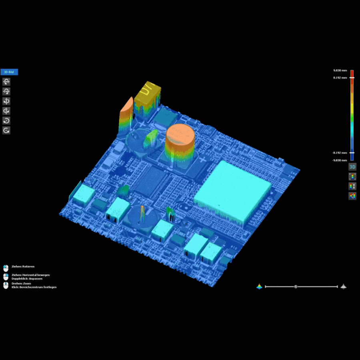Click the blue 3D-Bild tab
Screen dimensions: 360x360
click(9, 72)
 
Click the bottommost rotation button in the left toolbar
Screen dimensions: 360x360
click(6, 130)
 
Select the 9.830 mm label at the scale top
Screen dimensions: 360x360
click(340, 70)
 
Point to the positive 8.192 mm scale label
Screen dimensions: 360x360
click(340, 78)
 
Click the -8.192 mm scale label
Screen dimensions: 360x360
click(340, 152)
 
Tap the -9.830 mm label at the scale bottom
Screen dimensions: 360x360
click(340, 160)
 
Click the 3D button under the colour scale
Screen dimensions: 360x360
click(352, 166)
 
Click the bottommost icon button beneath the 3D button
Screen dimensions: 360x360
click(352, 196)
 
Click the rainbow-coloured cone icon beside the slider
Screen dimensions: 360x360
click(260, 286)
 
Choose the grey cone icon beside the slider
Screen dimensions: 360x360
click(343, 286)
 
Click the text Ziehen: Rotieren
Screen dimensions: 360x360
click(23, 266)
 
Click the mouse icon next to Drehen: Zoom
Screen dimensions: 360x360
click(6, 285)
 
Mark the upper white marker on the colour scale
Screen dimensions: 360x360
click(352, 78)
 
